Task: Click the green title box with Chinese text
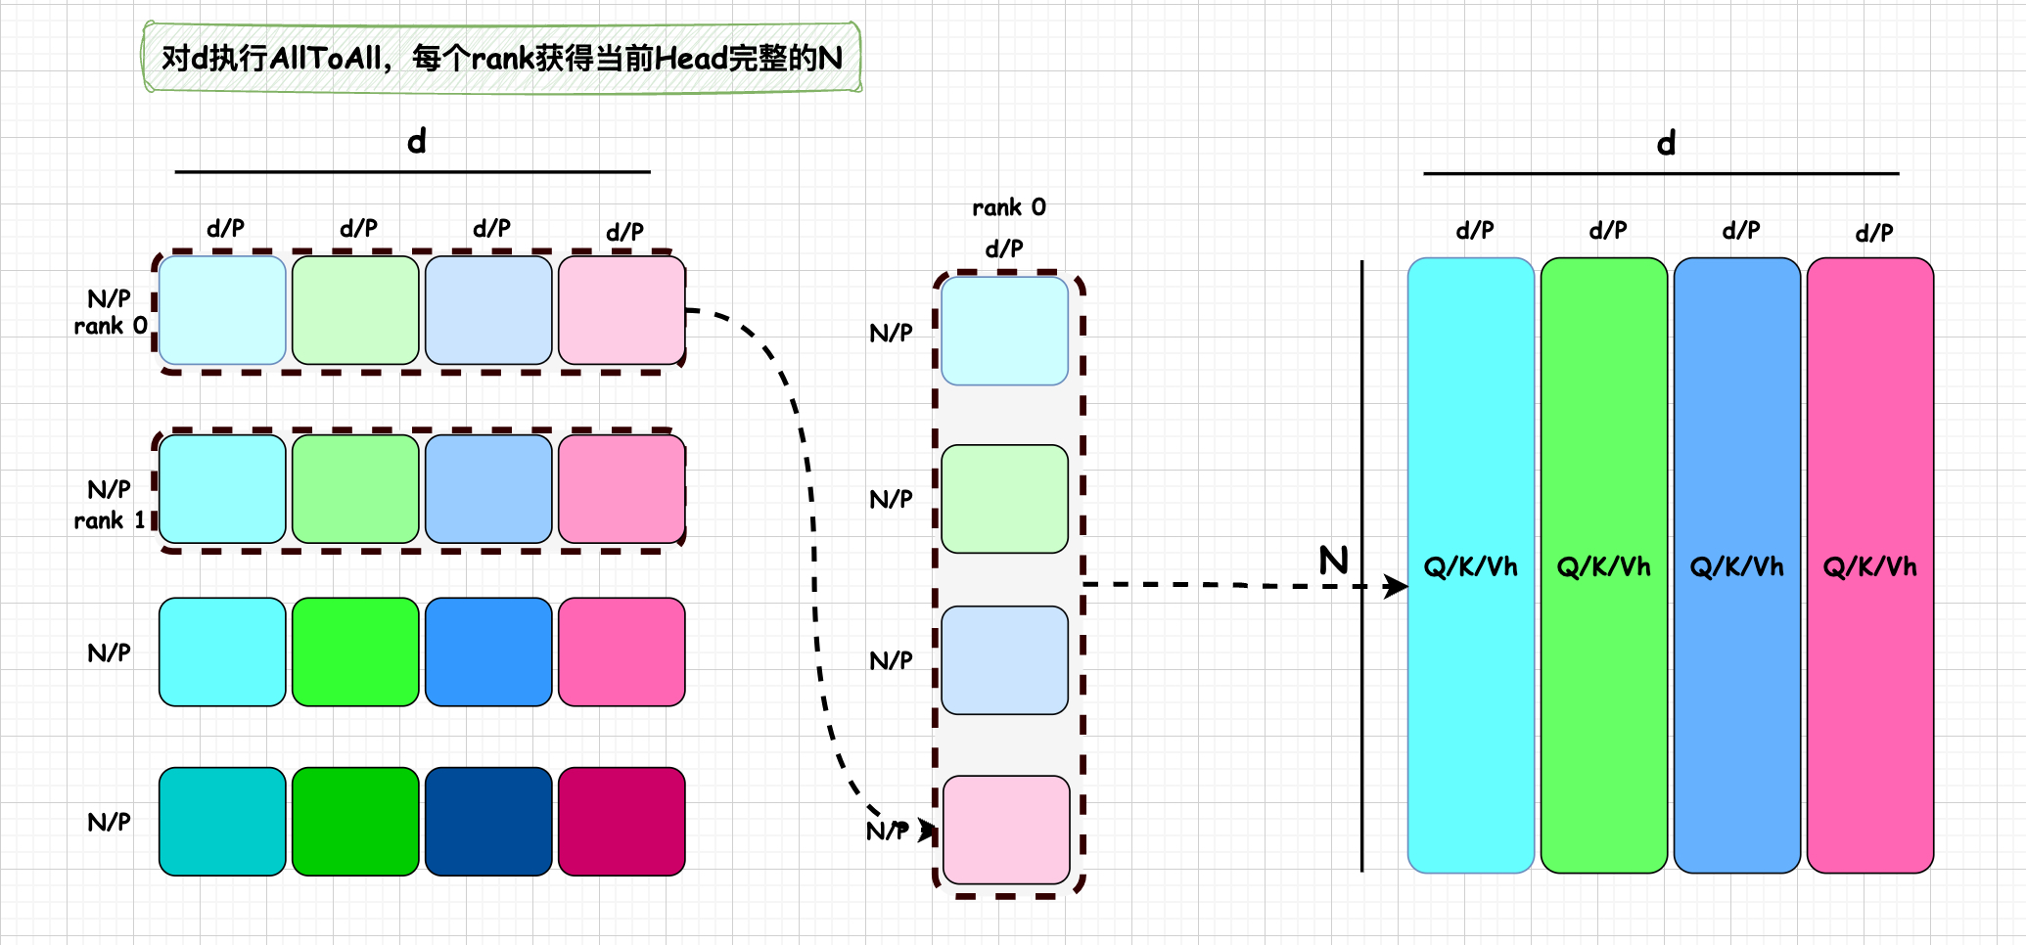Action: [x=501, y=59]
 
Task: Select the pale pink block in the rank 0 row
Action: [x=621, y=310]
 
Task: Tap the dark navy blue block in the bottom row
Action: [x=487, y=821]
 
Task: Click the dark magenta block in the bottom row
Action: [x=621, y=821]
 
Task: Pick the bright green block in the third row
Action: [x=354, y=652]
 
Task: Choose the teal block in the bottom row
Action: [x=222, y=821]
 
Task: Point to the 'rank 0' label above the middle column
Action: [x=1008, y=207]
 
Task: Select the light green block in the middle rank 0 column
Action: [x=1004, y=499]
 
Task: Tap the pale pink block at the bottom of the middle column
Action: [x=1006, y=830]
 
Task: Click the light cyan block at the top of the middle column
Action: [x=1004, y=331]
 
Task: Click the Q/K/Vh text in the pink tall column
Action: [x=1869, y=566]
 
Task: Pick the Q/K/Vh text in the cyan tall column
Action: [x=1470, y=566]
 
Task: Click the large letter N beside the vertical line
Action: [x=1333, y=561]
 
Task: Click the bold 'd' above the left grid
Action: [x=417, y=142]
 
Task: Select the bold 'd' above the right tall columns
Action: [x=1666, y=144]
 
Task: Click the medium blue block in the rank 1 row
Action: [x=487, y=489]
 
